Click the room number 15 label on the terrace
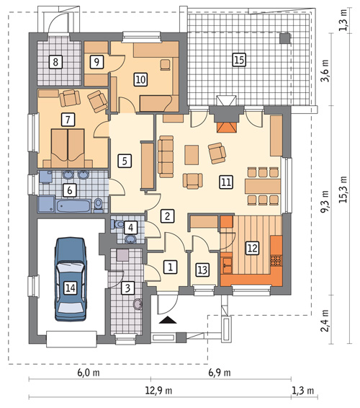[x=239, y=60]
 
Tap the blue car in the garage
[x=70, y=279]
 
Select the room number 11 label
[x=226, y=182]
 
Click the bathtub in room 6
[x=74, y=206]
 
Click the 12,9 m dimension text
[x=158, y=391]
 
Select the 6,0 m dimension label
[x=89, y=373]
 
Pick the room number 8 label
[x=55, y=62]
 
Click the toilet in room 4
[x=118, y=223]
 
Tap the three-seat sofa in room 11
[x=166, y=156]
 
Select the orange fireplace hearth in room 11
[x=227, y=127]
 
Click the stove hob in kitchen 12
[x=276, y=261]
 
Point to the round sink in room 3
[x=138, y=304]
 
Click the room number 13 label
[x=202, y=270]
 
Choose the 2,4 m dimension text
[x=325, y=321]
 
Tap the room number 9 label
[x=96, y=62]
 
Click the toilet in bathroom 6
[x=98, y=205]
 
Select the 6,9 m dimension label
[x=220, y=373]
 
